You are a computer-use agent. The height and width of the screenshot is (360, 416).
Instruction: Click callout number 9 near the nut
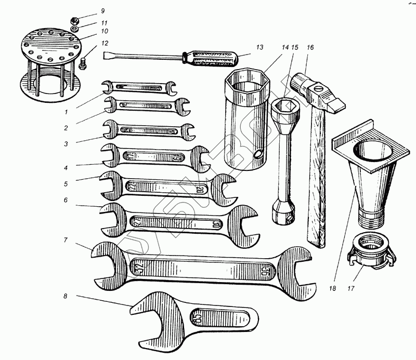pyautogui.click(x=102, y=10)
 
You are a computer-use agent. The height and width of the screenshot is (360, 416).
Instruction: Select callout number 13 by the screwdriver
pyautogui.click(x=259, y=47)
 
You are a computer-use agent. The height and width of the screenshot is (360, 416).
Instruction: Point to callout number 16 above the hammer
pyautogui.click(x=310, y=47)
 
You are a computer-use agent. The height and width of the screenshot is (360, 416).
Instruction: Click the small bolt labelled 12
pyautogui.click(x=83, y=64)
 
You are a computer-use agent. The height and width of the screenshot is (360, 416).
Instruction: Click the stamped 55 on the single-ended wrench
pyautogui.click(x=199, y=315)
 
